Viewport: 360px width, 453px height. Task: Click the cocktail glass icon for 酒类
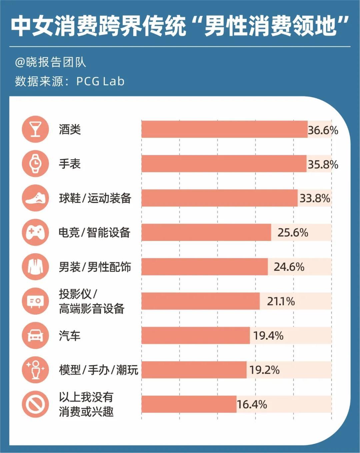click(35, 129)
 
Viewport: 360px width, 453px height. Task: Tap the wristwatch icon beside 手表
click(35, 164)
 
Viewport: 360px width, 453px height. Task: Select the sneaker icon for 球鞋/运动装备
click(35, 198)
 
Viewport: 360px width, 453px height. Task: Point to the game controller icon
click(35, 232)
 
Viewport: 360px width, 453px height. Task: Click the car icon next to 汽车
click(35, 336)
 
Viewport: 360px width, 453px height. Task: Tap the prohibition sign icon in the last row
click(35, 404)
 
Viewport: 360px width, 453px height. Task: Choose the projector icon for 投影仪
click(35, 301)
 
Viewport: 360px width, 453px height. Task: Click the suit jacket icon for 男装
click(35, 267)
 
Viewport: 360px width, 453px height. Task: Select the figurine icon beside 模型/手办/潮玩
click(35, 370)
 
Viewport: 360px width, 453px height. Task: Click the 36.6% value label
click(323, 130)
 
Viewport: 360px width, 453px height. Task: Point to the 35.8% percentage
click(323, 164)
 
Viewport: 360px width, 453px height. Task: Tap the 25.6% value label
click(293, 232)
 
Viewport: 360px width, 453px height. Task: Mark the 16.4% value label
click(252, 404)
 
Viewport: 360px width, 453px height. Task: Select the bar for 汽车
click(196, 335)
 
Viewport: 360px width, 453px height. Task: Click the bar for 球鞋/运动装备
click(219, 198)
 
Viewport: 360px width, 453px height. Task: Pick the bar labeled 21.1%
click(200, 301)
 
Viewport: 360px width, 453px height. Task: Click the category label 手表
click(70, 164)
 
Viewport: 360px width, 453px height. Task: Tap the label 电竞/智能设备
click(94, 232)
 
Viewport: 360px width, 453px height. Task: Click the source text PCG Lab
click(100, 81)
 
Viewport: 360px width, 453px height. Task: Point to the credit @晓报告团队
click(50, 62)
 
